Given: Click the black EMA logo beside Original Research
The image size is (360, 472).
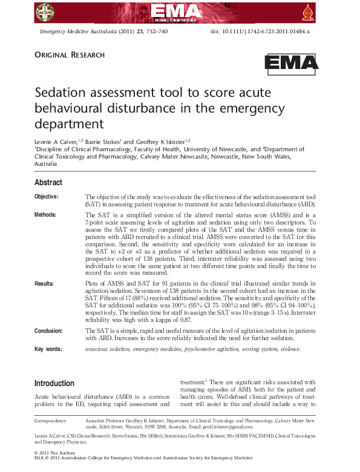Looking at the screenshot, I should point(291,63).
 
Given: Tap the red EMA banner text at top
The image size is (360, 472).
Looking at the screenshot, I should point(180,11).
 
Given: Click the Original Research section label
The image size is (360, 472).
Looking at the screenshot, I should point(70,55).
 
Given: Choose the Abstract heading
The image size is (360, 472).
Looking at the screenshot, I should point(48,183).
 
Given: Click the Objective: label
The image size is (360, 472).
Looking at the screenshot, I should point(47,197).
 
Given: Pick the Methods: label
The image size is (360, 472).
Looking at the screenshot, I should point(45,214).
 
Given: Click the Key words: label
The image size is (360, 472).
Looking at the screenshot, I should point(48,349).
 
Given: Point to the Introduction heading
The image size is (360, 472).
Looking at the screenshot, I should point(54,383).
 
